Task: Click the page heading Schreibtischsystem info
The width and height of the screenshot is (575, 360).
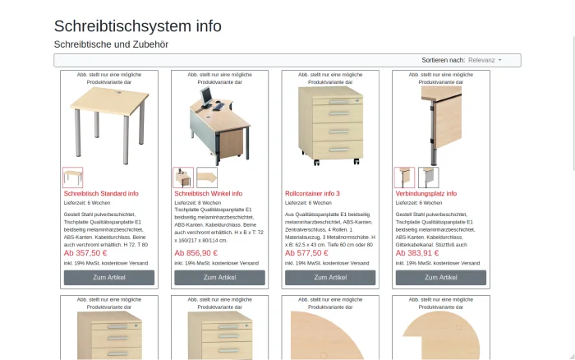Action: (x=137, y=25)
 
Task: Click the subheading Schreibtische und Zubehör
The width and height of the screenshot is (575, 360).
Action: (x=111, y=44)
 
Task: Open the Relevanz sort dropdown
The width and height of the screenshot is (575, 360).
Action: (x=485, y=60)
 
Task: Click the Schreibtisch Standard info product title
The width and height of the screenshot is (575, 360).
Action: (x=101, y=194)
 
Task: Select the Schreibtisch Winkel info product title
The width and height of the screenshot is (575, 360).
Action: (x=209, y=194)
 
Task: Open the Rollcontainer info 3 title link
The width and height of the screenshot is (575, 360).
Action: (x=312, y=194)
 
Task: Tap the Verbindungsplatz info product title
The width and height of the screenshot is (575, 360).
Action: (x=426, y=194)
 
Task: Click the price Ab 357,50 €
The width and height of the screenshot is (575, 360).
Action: (x=85, y=253)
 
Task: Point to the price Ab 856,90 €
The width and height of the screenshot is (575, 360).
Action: (x=196, y=253)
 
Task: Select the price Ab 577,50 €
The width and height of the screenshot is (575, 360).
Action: (x=306, y=253)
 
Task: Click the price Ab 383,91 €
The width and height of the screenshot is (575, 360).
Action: (x=417, y=253)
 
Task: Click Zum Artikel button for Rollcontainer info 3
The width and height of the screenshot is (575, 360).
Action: (x=330, y=278)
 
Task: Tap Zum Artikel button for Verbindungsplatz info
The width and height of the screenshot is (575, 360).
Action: (x=441, y=278)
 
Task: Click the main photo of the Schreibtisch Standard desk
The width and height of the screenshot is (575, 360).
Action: (x=109, y=123)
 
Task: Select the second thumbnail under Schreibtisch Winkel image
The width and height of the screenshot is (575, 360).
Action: (x=206, y=178)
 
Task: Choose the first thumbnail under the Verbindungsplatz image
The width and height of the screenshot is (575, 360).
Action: (x=404, y=178)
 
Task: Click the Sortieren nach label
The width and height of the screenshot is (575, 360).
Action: (x=443, y=60)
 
